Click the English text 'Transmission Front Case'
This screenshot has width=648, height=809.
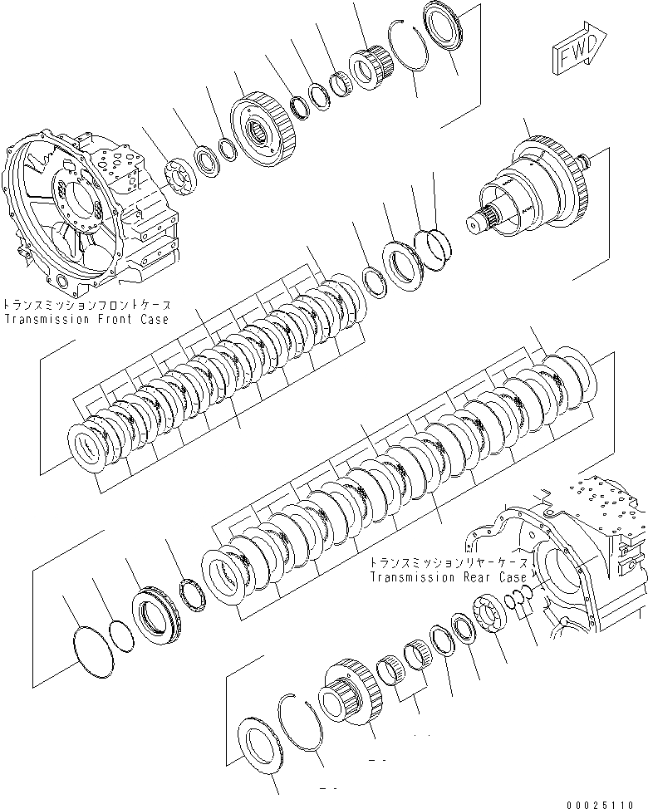click(86, 319)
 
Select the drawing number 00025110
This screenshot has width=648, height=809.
click(606, 803)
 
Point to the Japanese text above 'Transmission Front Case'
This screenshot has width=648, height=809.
click(86, 305)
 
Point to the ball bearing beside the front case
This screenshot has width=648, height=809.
click(179, 179)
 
